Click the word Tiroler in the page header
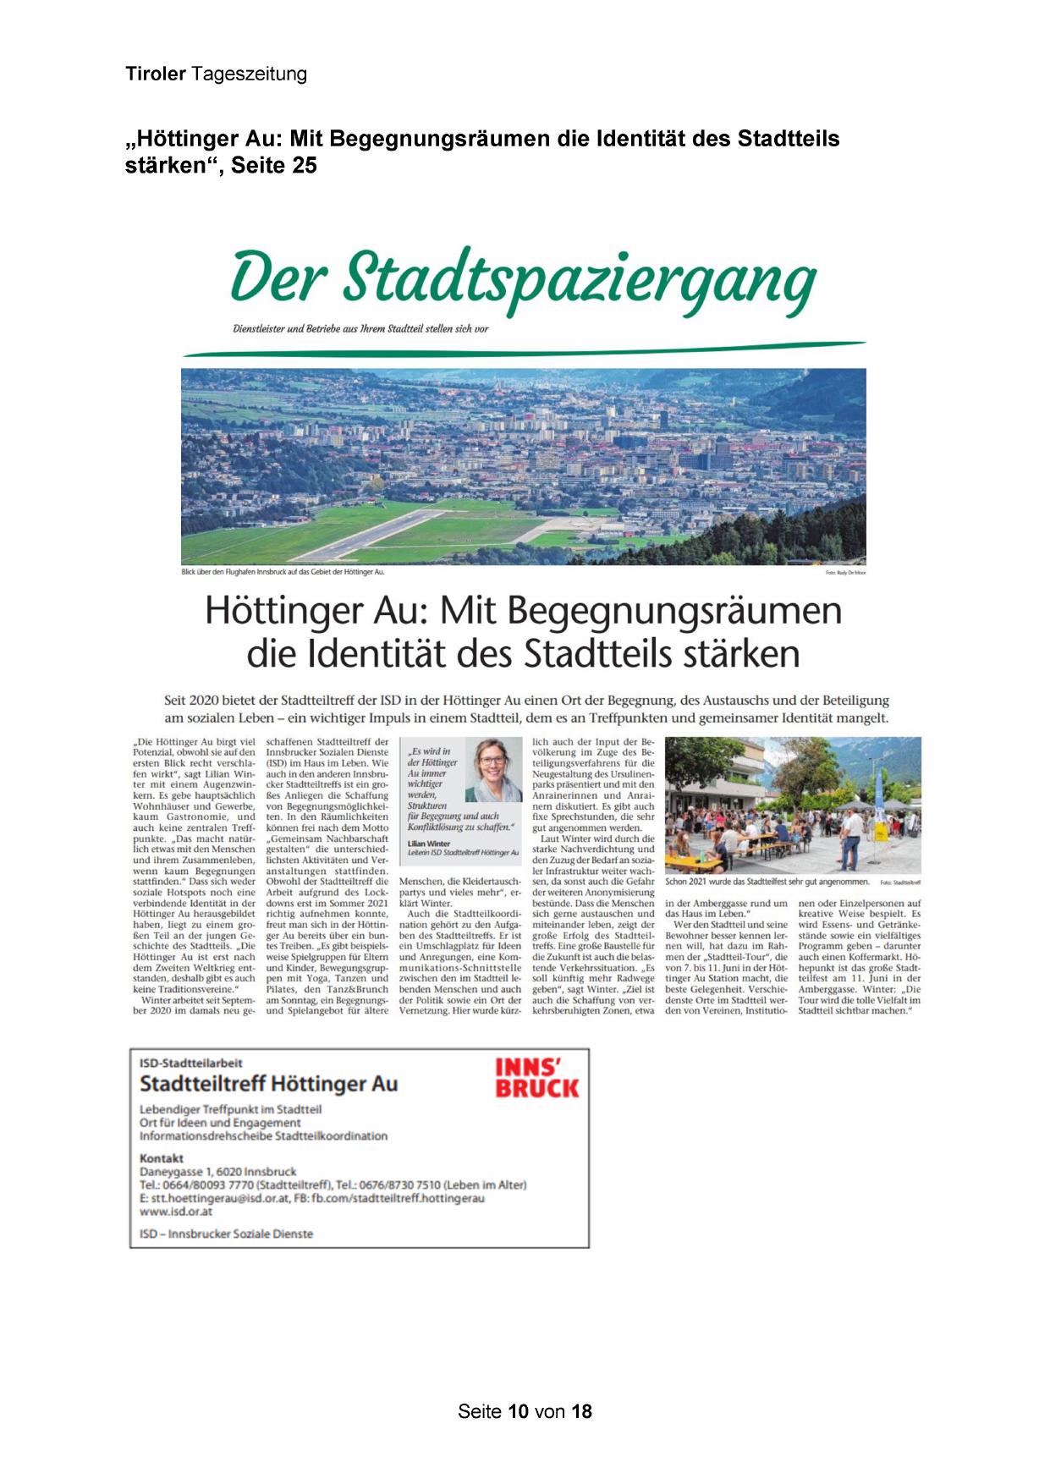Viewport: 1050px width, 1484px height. [x=156, y=74]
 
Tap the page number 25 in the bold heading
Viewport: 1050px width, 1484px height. [x=304, y=166]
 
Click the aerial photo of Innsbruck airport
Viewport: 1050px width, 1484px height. [x=523, y=466]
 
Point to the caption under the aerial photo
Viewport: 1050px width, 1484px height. [x=283, y=573]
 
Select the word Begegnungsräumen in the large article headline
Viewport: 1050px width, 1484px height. [x=674, y=611]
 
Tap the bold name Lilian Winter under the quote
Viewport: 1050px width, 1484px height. [x=429, y=844]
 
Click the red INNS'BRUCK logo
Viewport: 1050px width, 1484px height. [x=536, y=1079]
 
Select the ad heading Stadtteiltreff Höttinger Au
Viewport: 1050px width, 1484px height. [x=268, y=1084]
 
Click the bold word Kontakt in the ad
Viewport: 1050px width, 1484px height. [x=162, y=1158]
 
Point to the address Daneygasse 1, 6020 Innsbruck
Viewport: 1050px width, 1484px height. [x=217, y=1172]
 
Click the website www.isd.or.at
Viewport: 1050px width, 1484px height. [x=176, y=1211]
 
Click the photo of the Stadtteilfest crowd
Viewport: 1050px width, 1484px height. [x=793, y=805]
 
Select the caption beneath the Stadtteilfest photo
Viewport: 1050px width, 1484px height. [x=767, y=882]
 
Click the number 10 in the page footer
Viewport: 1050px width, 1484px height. [x=518, y=1411]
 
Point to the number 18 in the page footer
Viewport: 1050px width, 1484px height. [x=581, y=1411]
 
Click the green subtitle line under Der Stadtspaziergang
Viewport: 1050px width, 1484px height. [x=360, y=328]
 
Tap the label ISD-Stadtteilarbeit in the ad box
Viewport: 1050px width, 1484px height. [x=191, y=1063]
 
